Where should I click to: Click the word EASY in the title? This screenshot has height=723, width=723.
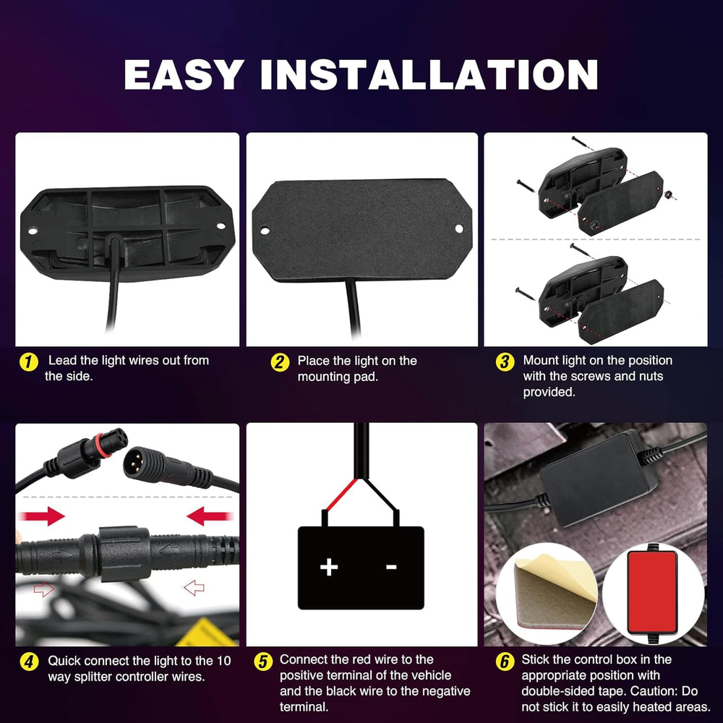point(184,74)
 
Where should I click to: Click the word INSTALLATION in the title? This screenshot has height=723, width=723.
point(429,74)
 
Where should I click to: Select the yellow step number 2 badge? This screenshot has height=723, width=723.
point(279,362)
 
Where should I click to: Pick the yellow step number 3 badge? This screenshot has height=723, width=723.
point(505,362)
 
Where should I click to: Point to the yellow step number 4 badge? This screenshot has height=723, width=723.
point(29,662)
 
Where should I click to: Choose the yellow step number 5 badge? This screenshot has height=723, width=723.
point(263,662)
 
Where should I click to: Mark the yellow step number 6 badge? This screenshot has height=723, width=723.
point(505,662)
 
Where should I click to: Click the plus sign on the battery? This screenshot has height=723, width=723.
point(329,567)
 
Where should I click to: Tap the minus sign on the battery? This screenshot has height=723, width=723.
point(391,567)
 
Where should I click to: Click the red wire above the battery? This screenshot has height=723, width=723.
point(341,495)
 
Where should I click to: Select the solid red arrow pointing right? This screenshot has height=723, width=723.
point(43,516)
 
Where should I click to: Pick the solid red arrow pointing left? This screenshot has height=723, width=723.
point(209,516)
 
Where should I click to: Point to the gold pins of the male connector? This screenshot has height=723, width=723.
point(134,464)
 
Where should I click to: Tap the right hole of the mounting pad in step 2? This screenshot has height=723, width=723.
point(459,228)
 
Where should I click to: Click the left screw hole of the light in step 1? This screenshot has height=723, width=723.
point(33,231)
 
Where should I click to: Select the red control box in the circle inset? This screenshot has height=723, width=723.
point(652,593)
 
